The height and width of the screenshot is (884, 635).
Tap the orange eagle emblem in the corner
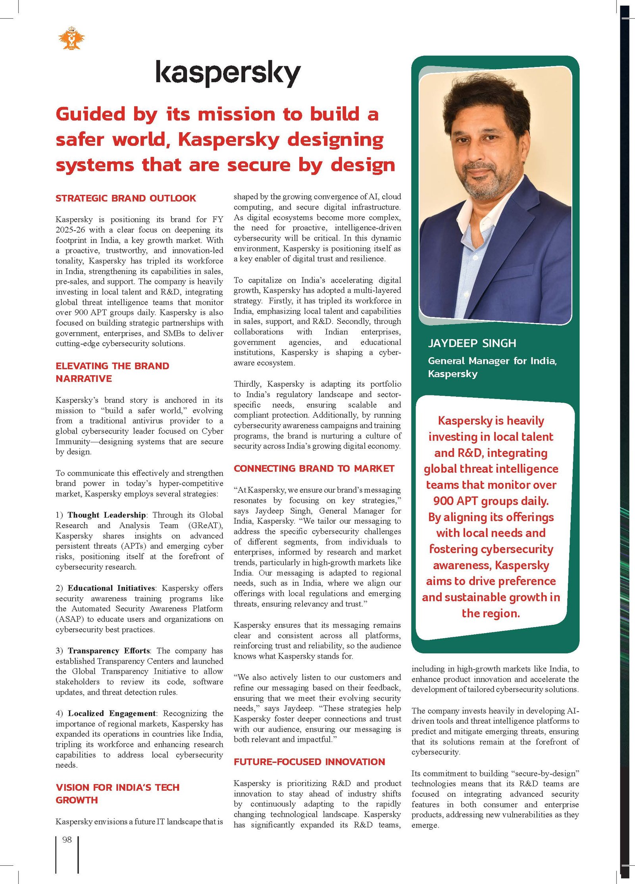click(71, 38)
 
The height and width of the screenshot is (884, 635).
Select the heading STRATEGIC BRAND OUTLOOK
click(125, 198)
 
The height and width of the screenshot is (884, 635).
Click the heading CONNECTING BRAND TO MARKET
click(314, 468)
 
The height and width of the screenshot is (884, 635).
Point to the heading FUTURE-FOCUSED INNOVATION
click(309, 762)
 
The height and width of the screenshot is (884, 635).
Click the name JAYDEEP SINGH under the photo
click(472, 343)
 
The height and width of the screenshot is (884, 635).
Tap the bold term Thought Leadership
click(106, 515)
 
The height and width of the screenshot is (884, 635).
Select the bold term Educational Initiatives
click(112, 588)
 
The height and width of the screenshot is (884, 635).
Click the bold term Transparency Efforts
click(109, 651)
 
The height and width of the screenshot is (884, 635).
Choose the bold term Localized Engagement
click(112, 713)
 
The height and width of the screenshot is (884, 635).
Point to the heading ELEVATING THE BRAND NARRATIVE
click(112, 372)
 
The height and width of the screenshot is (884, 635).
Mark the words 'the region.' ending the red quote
click(491, 613)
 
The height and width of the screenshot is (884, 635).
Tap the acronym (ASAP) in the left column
click(69, 619)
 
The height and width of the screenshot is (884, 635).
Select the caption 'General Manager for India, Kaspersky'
click(492, 367)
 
